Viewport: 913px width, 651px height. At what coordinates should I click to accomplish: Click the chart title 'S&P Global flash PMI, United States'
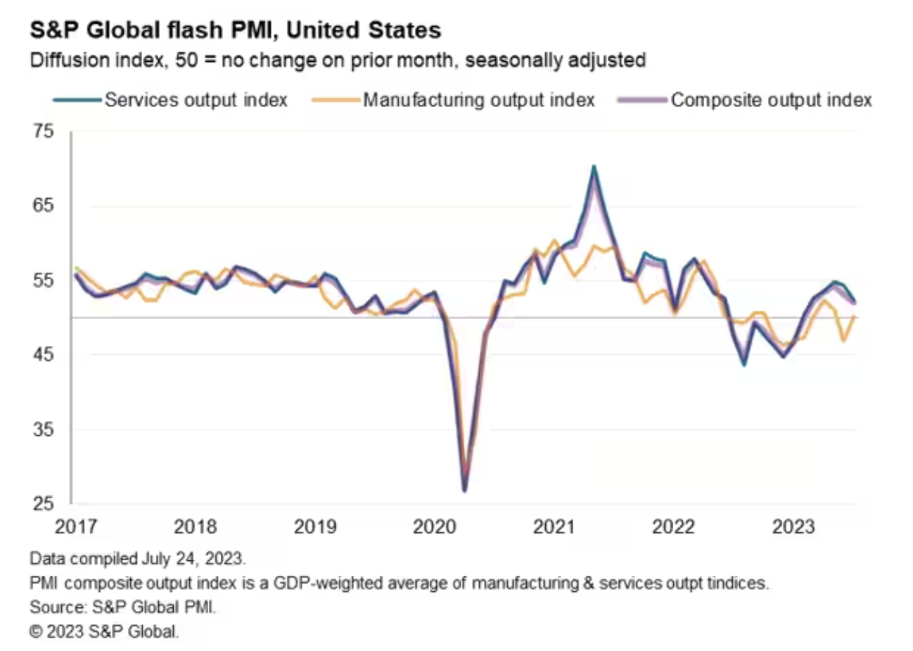[235, 30]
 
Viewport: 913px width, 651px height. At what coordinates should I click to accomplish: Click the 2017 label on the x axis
[75, 526]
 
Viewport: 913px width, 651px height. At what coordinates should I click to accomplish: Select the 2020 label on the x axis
[434, 526]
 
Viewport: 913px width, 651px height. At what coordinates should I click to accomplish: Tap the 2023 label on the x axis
[793, 526]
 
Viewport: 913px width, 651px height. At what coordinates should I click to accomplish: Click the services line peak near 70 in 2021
[594, 167]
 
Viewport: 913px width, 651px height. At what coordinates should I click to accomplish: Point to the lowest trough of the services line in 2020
[464, 490]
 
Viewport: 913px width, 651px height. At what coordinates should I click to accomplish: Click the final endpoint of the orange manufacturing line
[854, 317]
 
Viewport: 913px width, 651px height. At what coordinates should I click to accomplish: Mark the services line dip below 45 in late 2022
[743, 365]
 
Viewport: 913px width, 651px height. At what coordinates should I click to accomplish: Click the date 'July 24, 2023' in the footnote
[193, 559]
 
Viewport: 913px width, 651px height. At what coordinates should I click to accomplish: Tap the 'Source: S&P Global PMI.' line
[122, 607]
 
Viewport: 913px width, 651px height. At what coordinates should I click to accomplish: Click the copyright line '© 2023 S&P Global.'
[104, 631]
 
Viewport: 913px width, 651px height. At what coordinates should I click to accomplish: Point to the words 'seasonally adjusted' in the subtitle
[555, 60]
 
